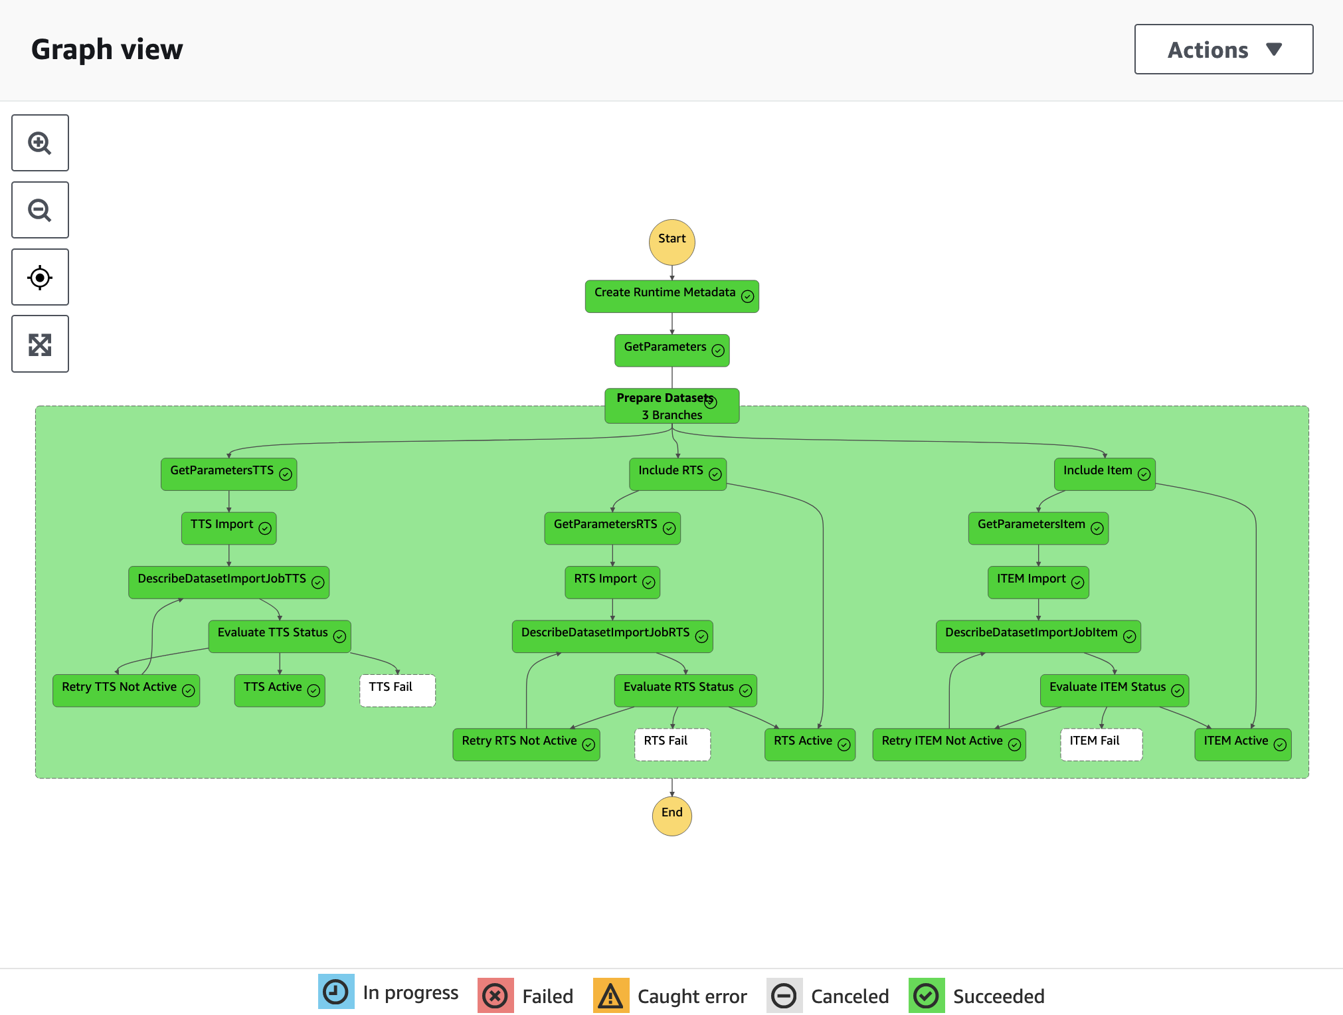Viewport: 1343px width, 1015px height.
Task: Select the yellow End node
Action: pos(671,815)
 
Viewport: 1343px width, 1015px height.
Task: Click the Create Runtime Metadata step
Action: pos(671,296)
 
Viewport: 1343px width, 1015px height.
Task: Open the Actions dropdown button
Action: pos(1223,49)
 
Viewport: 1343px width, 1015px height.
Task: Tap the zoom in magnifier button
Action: pos(40,143)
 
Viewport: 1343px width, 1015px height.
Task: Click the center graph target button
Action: pos(40,277)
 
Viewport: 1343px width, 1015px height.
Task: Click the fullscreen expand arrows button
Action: pos(40,344)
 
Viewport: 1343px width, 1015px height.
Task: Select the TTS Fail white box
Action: pos(397,690)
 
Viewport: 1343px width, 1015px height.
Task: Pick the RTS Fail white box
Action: pos(672,744)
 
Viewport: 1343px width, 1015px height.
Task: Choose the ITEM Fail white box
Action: pos(1101,744)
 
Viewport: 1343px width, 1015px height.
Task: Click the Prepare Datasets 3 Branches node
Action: pos(671,406)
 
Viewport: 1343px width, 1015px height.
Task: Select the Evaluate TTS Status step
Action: pos(279,636)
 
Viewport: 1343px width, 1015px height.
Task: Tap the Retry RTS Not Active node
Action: pos(525,744)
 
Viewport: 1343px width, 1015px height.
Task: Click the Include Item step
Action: pos(1104,474)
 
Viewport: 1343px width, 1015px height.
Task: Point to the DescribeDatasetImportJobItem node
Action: pos(1037,636)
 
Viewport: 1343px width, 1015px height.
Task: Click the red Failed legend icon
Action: pos(495,996)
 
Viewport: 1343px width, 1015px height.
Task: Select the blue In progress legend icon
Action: pos(336,992)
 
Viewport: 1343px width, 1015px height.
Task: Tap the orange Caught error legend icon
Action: pos(610,996)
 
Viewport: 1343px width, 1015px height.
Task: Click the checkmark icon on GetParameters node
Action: pos(718,350)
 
